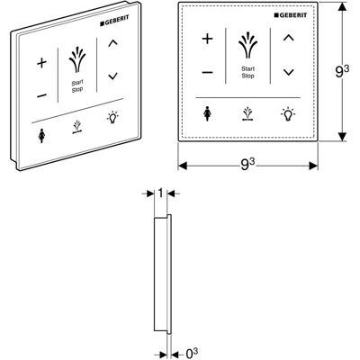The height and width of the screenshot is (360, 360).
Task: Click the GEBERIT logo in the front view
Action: (291, 15)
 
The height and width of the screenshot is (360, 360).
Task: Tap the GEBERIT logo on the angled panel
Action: (114, 21)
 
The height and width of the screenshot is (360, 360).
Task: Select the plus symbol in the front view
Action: (207, 39)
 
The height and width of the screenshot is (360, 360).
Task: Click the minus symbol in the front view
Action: (207, 72)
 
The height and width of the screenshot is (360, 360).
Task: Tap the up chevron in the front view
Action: (289, 38)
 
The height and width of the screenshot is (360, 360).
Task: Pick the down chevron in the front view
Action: (289, 72)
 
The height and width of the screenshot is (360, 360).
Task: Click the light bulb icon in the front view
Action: (288, 114)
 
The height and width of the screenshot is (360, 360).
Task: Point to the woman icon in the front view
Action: (207, 114)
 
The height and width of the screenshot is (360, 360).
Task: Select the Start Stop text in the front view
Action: (248, 72)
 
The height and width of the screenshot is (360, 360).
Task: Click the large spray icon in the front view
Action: (247, 46)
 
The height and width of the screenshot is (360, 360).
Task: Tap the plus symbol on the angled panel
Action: (42, 63)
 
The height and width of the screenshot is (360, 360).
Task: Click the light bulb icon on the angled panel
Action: (112, 117)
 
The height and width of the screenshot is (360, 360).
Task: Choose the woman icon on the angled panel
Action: (41, 136)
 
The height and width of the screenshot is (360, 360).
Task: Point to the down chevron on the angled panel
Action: (112, 76)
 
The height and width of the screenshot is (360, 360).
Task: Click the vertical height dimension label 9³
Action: (341, 72)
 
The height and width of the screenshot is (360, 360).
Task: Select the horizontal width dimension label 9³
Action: (247, 164)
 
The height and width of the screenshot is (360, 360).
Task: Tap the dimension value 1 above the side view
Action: (160, 193)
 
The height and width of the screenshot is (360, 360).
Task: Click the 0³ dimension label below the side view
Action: (192, 354)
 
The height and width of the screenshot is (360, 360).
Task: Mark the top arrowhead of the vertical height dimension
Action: (342, 7)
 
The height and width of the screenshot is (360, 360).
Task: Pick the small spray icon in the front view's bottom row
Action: (247, 114)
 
